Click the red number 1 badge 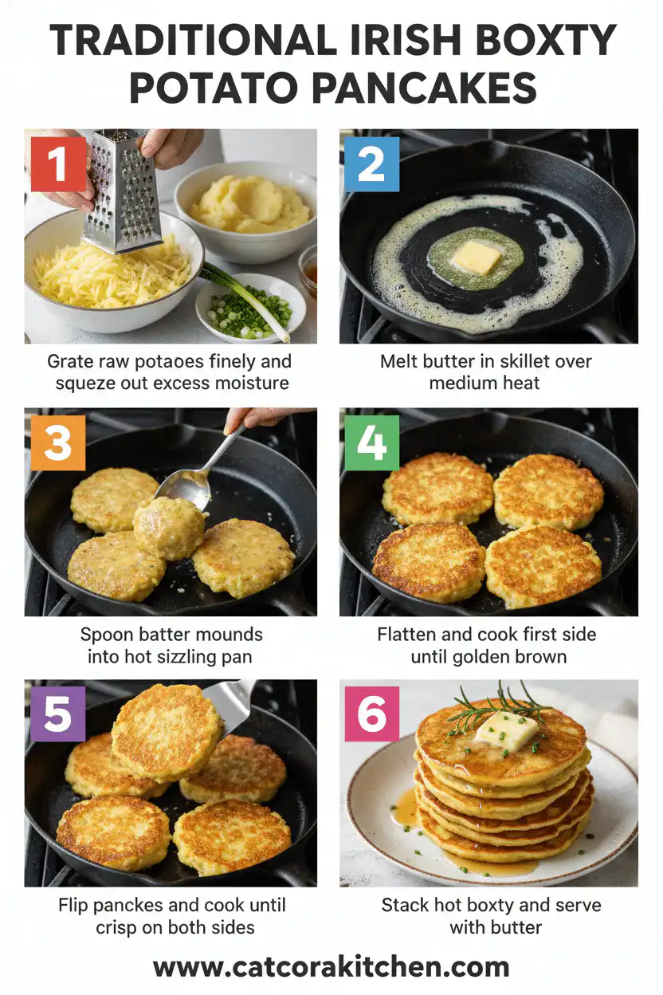coord(57,164)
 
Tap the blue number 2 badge coord(371,164)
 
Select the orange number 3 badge coord(57,442)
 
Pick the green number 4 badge coord(371,442)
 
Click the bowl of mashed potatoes coord(247,203)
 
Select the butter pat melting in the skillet coord(477,258)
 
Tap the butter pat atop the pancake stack coord(506,730)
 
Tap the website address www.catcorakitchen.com coord(331,967)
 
